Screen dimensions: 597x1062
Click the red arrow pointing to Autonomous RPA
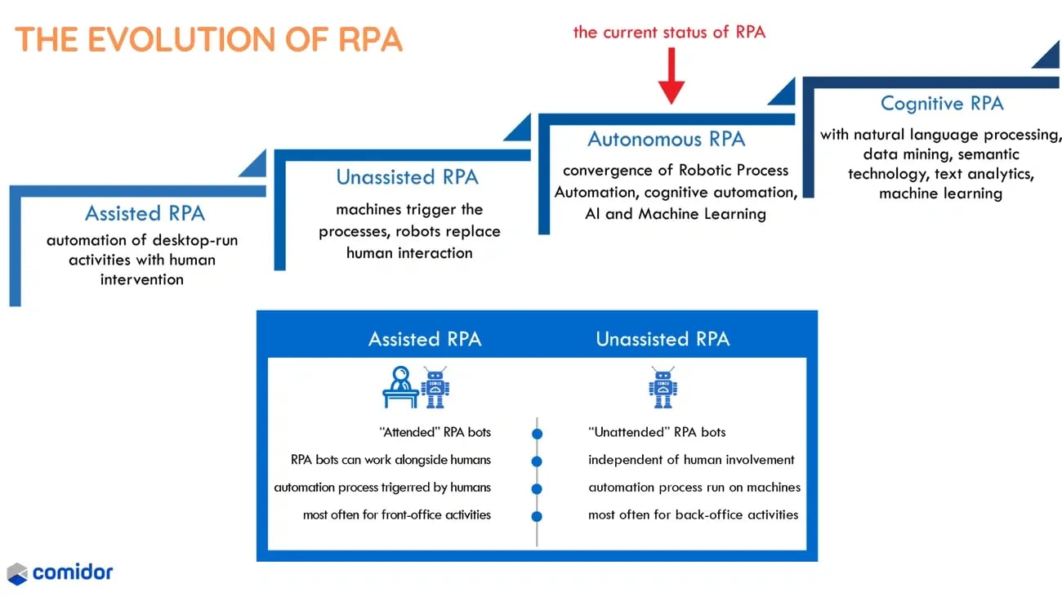(671, 76)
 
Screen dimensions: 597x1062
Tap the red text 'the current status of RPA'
(669, 32)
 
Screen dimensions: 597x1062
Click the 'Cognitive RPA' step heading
(942, 104)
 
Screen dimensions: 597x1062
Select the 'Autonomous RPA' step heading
(667, 140)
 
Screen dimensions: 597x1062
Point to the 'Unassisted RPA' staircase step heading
(408, 177)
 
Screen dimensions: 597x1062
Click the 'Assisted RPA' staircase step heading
(145, 214)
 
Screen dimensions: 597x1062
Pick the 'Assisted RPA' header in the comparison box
(425, 339)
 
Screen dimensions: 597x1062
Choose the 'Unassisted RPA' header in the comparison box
(663, 339)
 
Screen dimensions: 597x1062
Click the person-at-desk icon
(400, 388)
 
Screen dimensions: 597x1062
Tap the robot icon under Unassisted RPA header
(663, 387)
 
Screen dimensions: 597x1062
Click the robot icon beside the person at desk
(435, 387)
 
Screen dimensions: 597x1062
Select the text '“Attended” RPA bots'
(436, 432)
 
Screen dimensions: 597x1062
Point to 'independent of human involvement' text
(691, 460)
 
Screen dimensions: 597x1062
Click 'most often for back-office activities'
(693, 515)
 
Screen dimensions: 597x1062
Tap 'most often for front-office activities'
(397, 515)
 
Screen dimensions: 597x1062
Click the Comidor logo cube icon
(17, 573)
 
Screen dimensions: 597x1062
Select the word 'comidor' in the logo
(73, 572)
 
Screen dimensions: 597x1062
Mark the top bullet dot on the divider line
(537, 433)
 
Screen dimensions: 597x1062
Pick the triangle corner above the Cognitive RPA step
(1048, 56)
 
